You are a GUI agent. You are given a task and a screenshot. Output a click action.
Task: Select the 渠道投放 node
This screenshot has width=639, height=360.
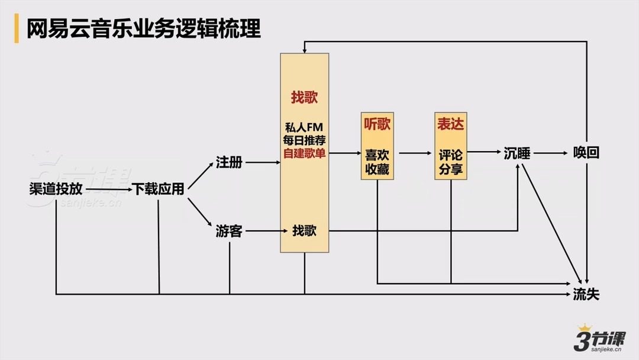point(56,189)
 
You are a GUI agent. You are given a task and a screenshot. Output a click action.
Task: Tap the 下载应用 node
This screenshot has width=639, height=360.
point(158,189)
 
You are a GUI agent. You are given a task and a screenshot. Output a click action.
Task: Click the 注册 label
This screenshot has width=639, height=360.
point(229,162)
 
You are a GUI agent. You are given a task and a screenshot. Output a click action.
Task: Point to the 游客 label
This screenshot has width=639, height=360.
point(229,231)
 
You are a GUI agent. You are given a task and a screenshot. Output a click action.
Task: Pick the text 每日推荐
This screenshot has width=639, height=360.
point(304,141)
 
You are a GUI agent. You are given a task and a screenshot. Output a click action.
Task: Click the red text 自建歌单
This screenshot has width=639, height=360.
point(304,153)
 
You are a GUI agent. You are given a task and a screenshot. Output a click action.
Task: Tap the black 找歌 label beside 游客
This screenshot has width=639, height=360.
point(304,231)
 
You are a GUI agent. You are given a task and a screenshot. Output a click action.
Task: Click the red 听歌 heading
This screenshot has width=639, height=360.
point(377,124)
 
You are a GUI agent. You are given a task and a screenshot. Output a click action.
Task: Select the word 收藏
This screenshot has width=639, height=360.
point(377,169)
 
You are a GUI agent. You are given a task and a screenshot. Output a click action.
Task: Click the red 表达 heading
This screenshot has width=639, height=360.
point(450,124)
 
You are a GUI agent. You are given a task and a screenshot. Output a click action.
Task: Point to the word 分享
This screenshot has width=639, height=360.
point(450,169)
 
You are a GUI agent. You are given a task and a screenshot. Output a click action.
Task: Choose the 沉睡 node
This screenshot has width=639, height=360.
point(517,153)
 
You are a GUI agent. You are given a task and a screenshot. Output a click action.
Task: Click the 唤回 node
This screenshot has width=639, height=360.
point(586,153)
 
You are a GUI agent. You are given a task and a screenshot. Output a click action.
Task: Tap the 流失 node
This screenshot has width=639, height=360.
point(586,294)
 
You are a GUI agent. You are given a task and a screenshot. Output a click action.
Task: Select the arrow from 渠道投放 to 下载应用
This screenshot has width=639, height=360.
point(106,189)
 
